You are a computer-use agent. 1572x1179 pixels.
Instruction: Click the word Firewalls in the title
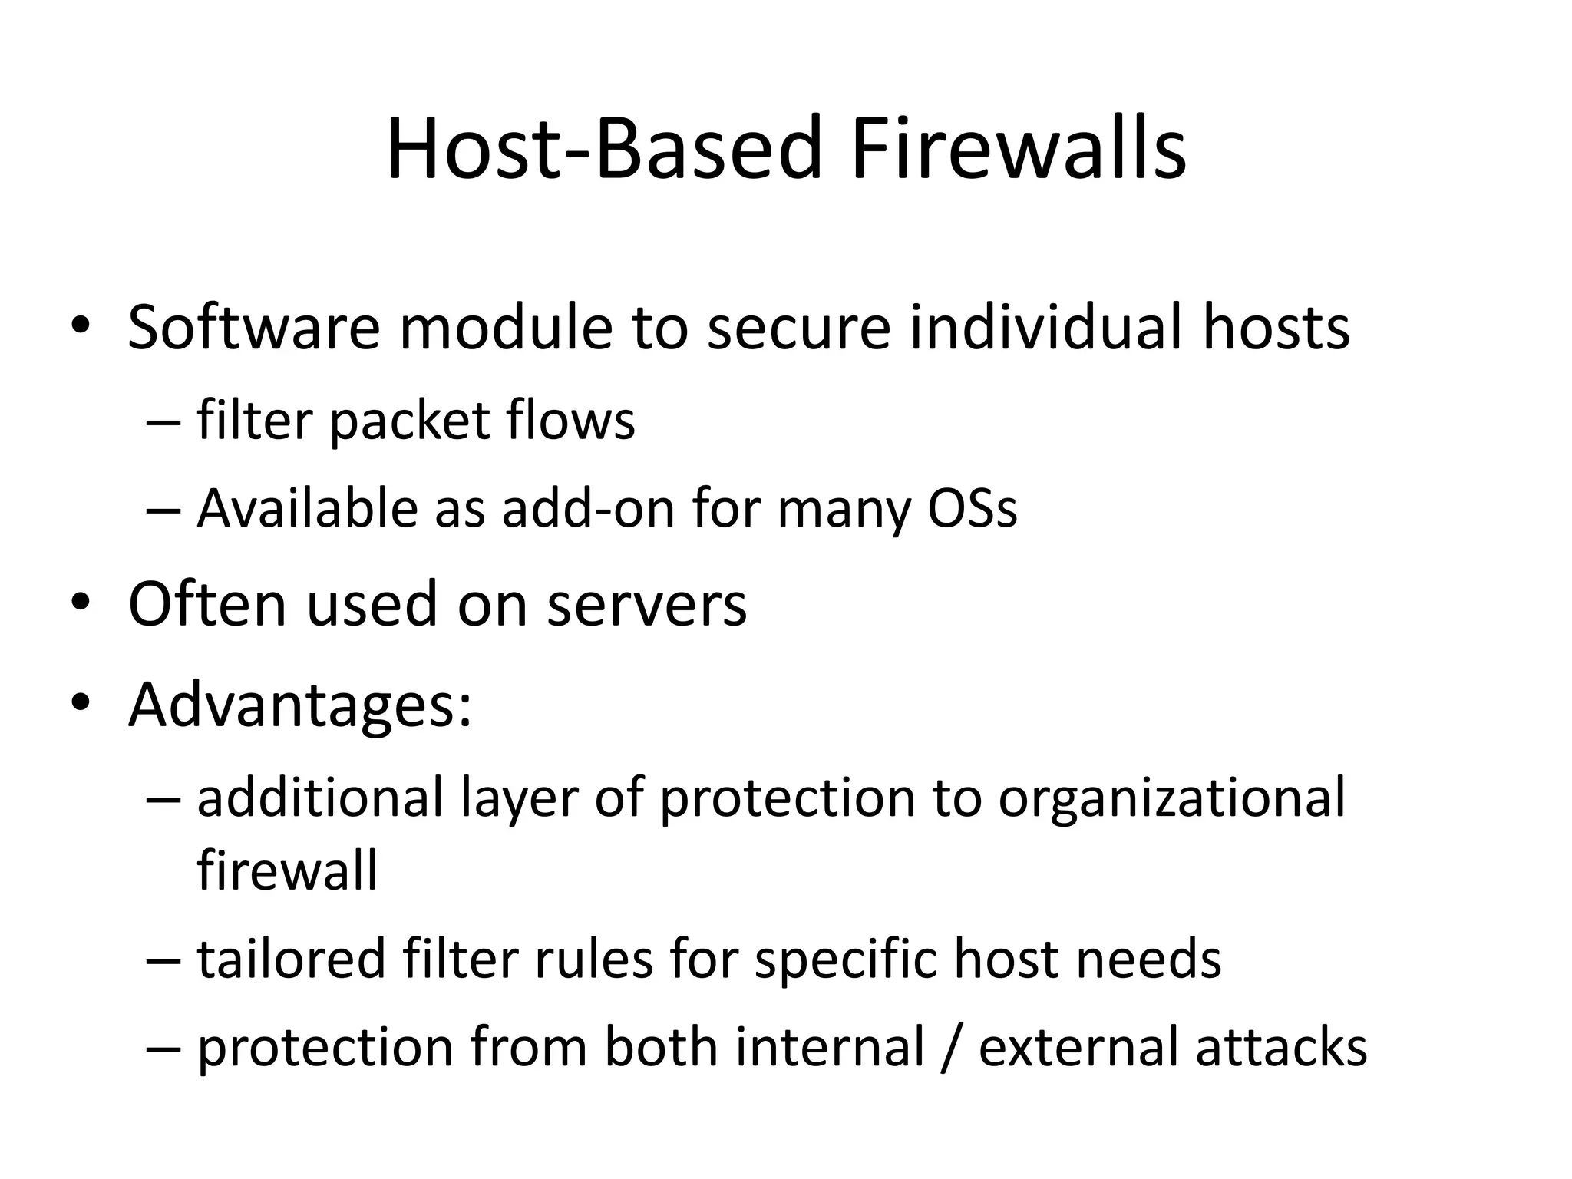pos(1018,149)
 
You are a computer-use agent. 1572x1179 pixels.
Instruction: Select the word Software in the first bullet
pos(253,328)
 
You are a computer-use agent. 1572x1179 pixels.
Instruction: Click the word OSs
pos(972,509)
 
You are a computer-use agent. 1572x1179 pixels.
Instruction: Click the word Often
pos(206,605)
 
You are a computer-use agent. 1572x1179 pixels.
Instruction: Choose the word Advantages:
pos(300,705)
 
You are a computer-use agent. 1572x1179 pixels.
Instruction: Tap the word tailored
pos(291,959)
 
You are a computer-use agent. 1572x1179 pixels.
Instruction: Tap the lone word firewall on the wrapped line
pos(287,870)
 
